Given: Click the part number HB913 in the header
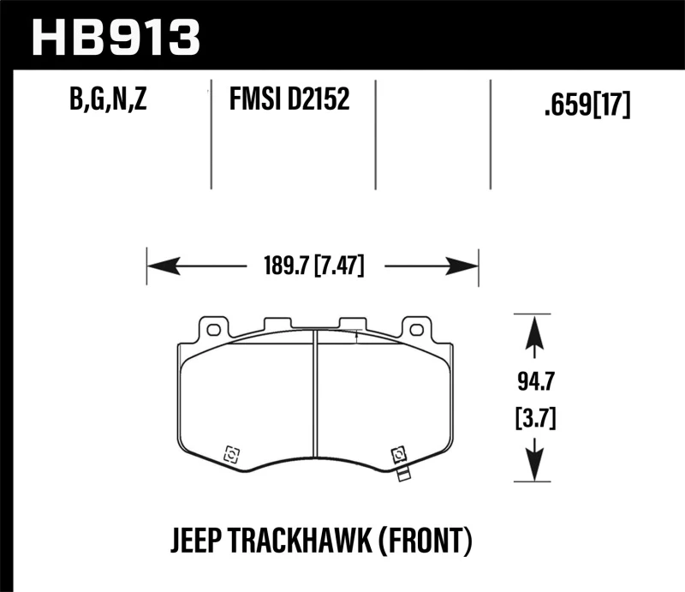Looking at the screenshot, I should click(115, 37).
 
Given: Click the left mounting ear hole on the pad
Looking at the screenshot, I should click(211, 328).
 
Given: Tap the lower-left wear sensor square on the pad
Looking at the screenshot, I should click(229, 454).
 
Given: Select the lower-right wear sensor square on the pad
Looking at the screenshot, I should click(397, 454).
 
